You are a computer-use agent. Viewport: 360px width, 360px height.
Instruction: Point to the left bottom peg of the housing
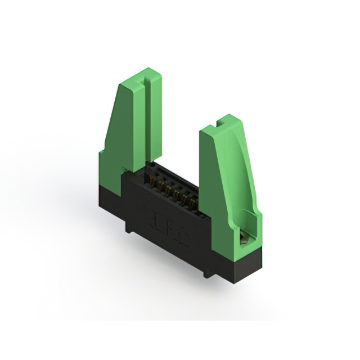click(x=129, y=227)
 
